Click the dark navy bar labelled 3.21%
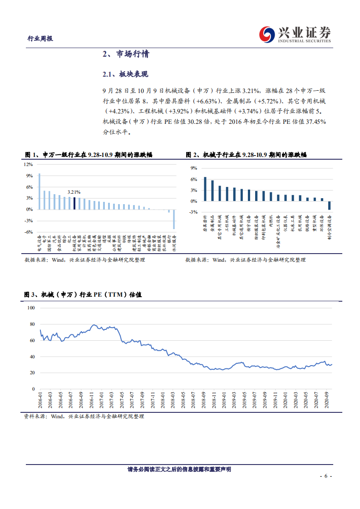74,203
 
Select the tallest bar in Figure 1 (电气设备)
39,191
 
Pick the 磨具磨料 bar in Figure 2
205,189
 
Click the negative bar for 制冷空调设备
330,206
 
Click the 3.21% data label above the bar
74,192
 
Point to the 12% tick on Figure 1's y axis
29,164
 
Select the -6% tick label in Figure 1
29,232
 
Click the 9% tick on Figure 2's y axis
193,168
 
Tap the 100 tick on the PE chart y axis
31,308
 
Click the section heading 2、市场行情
126,54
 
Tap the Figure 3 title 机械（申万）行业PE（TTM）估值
83,294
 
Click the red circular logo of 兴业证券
266,34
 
